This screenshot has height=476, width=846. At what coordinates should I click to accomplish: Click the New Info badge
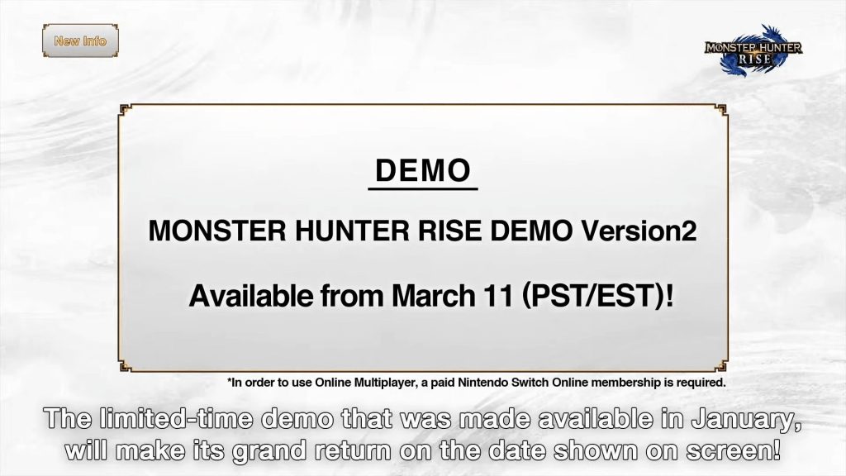click(x=80, y=40)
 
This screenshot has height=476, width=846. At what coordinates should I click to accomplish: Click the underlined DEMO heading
click(x=422, y=171)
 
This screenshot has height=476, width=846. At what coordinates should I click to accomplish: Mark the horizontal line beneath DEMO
click(x=422, y=189)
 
